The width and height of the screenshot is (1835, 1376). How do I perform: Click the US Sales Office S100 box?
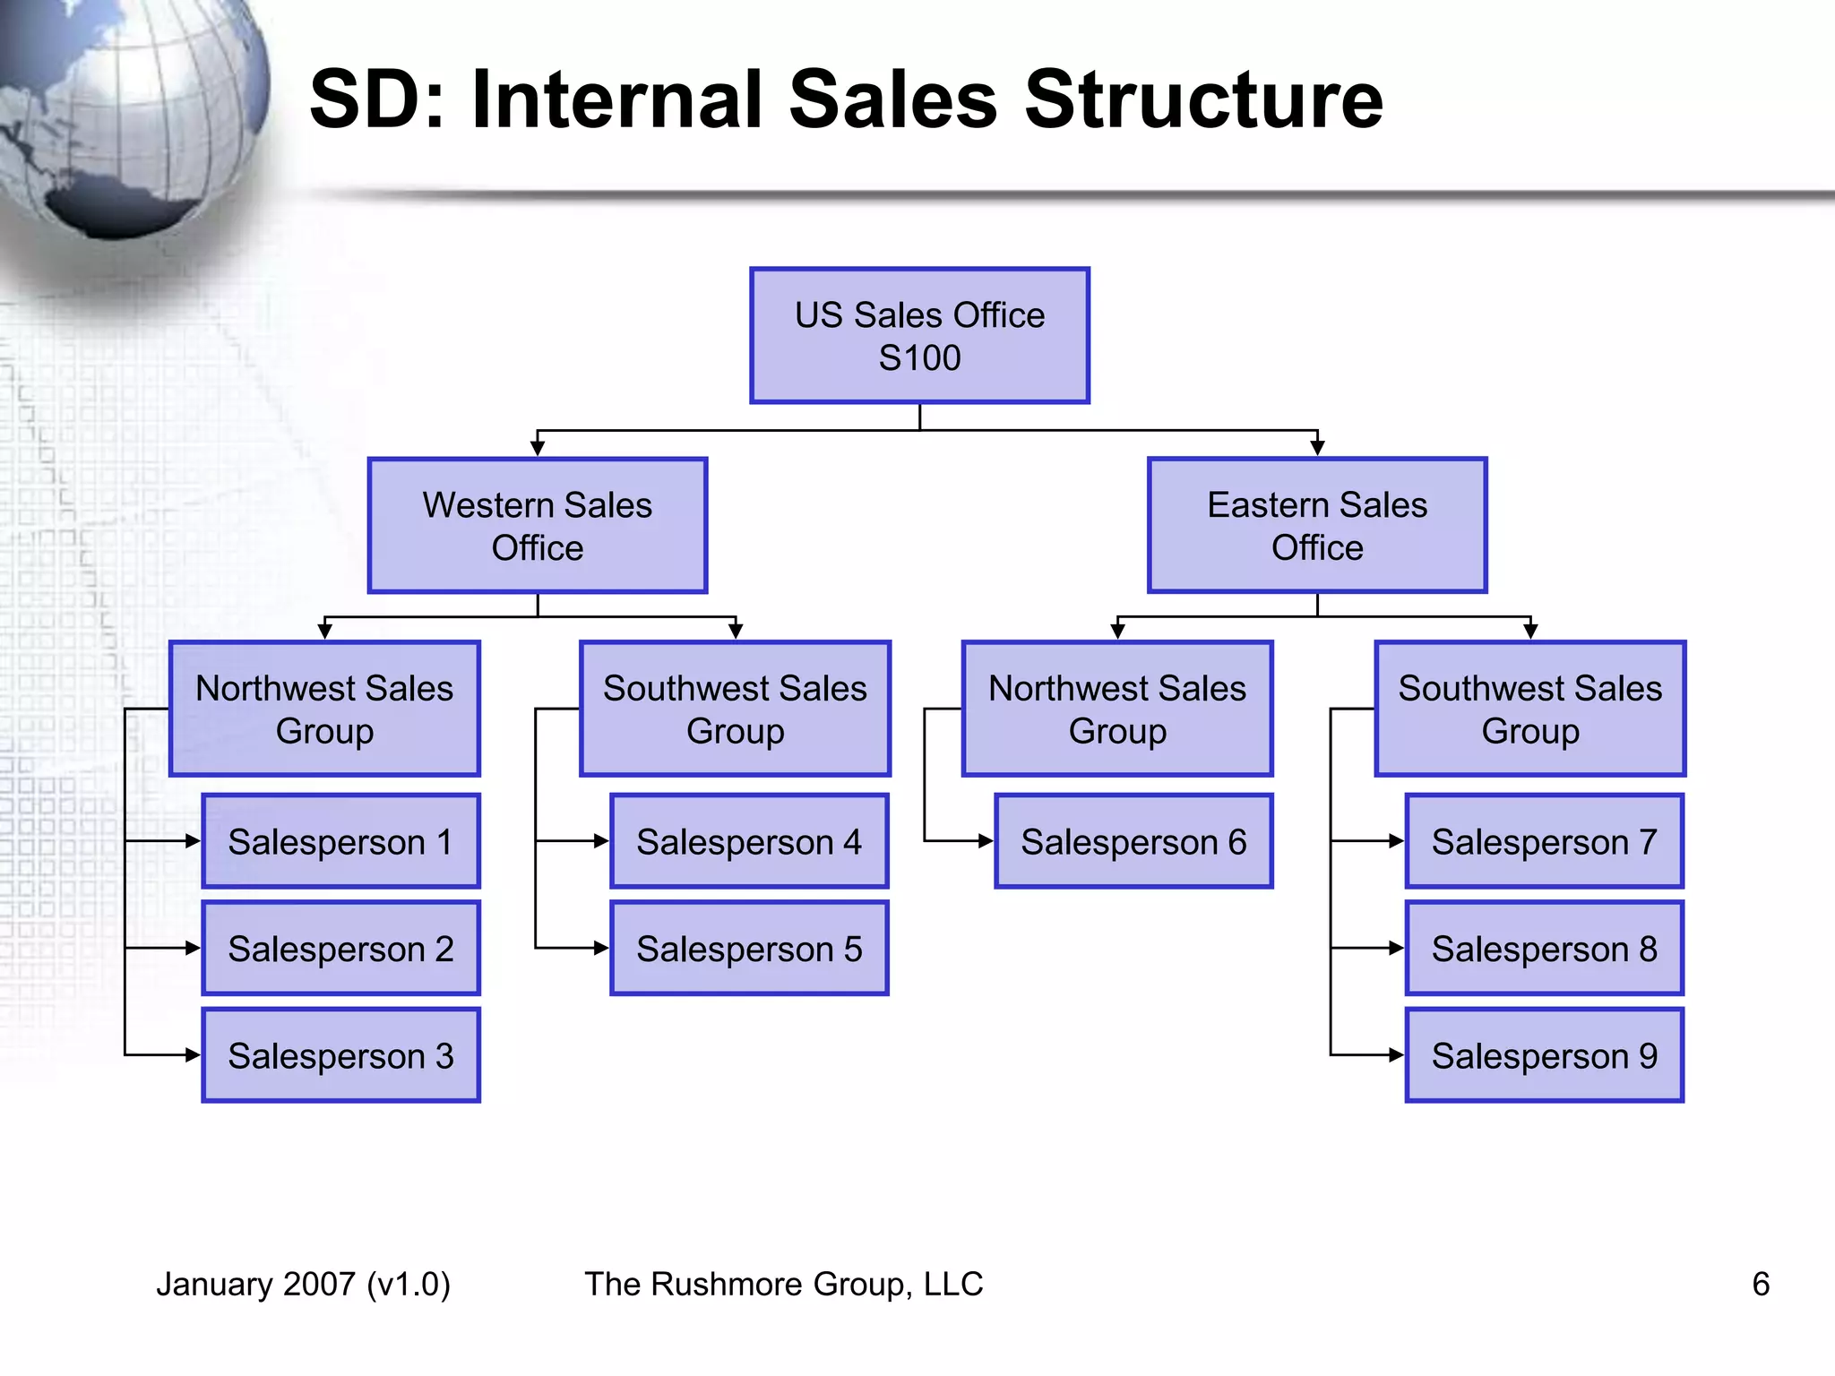pyautogui.click(x=919, y=336)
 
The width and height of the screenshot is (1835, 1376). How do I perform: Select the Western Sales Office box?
pyautogui.click(x=538, y=526)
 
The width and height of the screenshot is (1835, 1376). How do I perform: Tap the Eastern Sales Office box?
pyautogui.click(x=1317, y=526)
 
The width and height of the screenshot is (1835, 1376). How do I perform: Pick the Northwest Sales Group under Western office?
pyautogui.click(x=324, y=709)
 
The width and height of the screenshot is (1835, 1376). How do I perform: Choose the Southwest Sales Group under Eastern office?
pyautogui.click(x=1529, y=709)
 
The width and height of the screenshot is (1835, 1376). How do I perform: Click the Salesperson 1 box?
pyautogui.click(x=340, y=841)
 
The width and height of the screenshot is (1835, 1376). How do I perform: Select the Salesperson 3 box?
pyautogui.click(x=340, y=1055)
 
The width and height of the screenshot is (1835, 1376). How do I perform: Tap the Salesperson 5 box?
pyautogui.click(x=749, y=948)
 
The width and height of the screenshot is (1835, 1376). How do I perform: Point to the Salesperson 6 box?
pyautogui.click(x=1133, y=841)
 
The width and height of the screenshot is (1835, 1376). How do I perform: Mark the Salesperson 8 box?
pyautogui.click(x=1544, y=948)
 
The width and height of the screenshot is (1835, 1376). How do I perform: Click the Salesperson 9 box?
pyautogui.click(x=1544, y=1055)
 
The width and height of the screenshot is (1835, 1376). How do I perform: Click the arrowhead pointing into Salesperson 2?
pyautogui.click(x=193, y=948)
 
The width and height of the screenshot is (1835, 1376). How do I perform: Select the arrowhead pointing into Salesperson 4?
pyautogui.click(x=601, y=841)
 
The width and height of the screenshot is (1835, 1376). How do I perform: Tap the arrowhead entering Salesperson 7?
pyautogui.click(x=1396, y=841)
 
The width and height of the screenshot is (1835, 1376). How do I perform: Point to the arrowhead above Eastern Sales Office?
pyautogui.click(x=1317, y=447)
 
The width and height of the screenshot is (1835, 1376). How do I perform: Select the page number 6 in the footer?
pyautogui.click(x=1761, y=1284)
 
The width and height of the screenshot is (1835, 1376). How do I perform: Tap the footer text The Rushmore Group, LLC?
pyautogui.click(x=784, y=1284)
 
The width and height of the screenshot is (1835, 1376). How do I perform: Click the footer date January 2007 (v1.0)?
pyautogui.click(x=303, y=1284)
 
